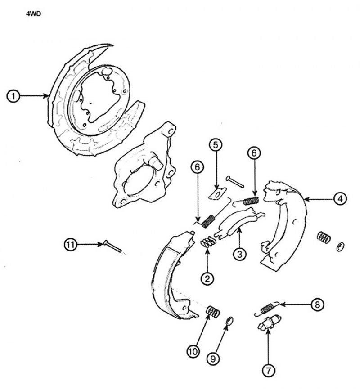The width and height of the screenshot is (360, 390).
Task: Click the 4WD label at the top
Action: coord(33,13)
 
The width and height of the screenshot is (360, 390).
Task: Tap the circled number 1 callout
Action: coord(13,96)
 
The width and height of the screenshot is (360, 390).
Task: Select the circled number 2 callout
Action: coord(207,278)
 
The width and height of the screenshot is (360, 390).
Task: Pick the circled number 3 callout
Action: coord(239,254)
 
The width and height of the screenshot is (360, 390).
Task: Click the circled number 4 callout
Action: coord(340,198)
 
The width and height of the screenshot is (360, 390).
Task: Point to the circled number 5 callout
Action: coord(216,145)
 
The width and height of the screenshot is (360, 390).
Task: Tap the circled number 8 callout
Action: coord(317,305)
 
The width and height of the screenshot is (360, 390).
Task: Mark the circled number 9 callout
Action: coord(213,359)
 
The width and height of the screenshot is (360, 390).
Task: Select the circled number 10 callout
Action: coord(193,351)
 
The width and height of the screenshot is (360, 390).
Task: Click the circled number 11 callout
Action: coord(70,245)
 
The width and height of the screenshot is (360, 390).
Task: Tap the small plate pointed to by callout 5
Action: coord(217,193)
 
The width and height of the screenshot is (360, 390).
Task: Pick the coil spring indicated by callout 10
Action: coord(213,311)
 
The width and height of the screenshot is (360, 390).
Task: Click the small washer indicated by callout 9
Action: coord(229,321)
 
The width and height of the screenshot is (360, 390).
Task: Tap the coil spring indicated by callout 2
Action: coord(208,242)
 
